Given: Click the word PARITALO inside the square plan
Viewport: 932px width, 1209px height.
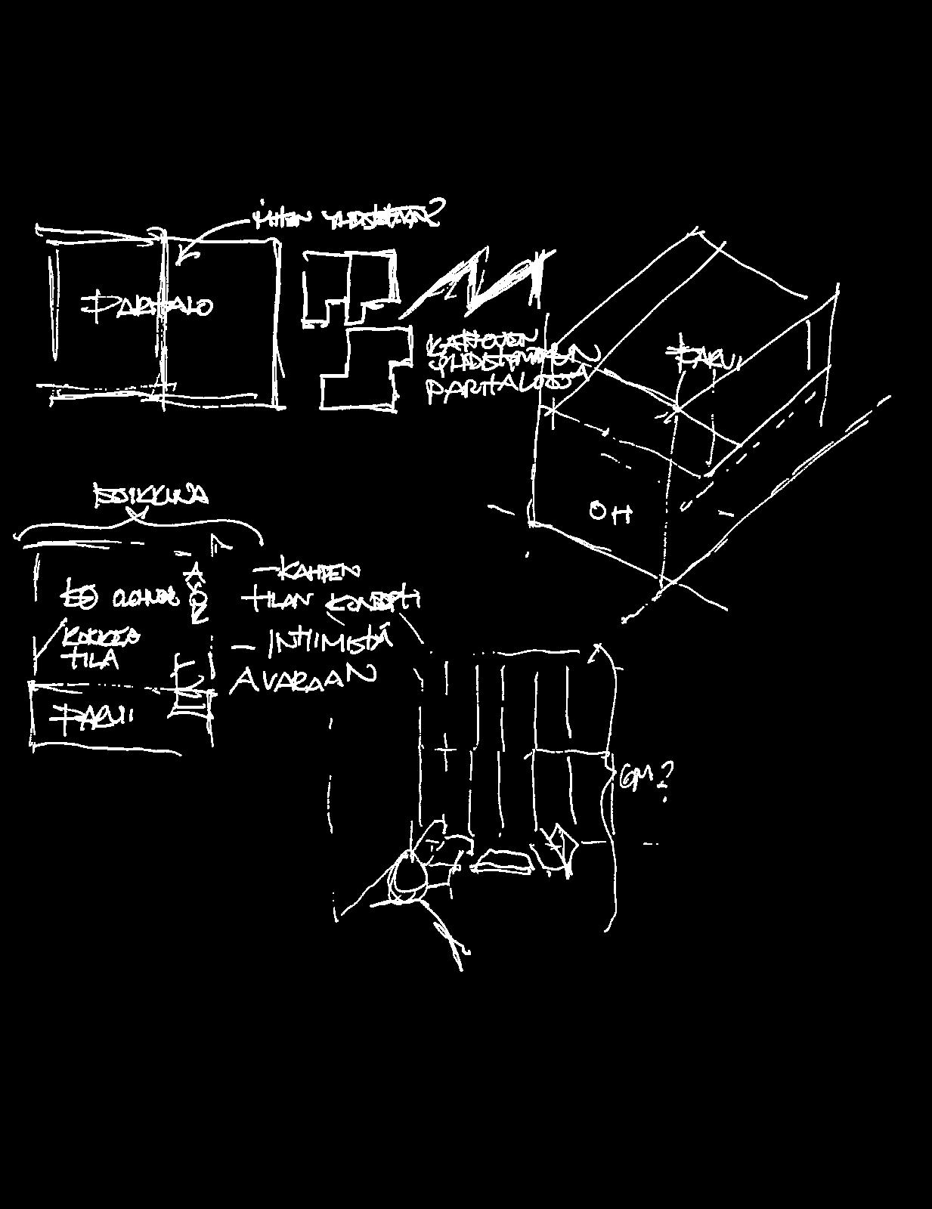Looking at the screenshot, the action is point(147,306).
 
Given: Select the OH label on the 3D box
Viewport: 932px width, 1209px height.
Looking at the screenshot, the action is point(611,513).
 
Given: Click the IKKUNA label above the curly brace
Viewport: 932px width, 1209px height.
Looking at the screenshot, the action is point(151,496).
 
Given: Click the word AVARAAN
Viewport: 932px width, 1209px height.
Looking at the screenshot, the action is point(302,678).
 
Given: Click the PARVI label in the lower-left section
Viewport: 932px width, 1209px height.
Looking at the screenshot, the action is point(91,716).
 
